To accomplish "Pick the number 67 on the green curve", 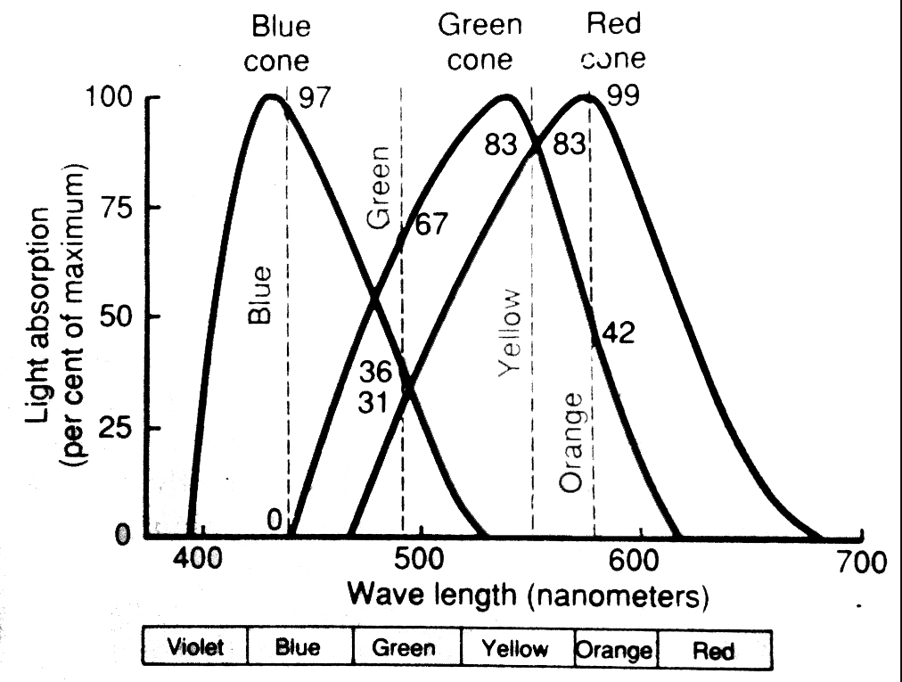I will [x=431, y=225].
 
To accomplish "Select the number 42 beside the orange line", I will [x=619, y=333].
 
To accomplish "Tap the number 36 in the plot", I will [x=375, y=372].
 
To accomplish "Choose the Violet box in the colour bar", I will [x=194, y=648].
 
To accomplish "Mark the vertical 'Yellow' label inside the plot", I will [x=509, y=333].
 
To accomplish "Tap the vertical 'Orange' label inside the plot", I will [x=571, y=441].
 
